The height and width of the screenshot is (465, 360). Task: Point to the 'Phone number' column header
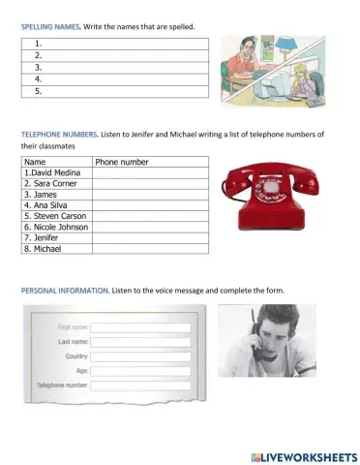coord(122,162)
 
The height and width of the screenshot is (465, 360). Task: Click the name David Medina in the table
coord(54,172)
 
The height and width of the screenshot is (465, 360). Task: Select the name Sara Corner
coord(51,183)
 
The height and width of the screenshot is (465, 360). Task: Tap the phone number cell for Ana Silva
coord(151,205)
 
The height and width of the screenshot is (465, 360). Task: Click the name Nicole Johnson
coord(55,227)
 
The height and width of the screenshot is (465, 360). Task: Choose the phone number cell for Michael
coord(151,249)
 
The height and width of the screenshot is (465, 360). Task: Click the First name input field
coord(141,326)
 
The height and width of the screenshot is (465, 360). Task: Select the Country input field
coord(141,356)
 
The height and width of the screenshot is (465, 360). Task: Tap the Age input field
coord(141,370)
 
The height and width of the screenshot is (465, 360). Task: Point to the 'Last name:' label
coord(74,341)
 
